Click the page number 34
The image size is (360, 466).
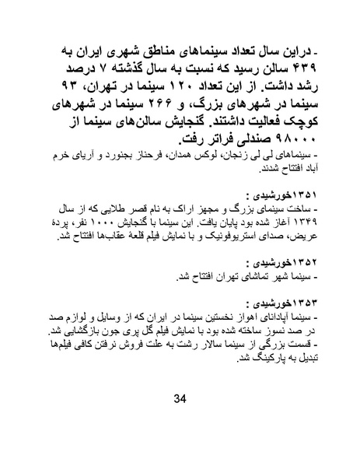(181, 399)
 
